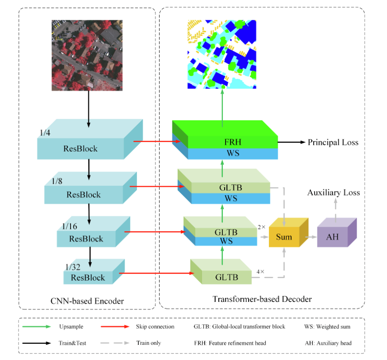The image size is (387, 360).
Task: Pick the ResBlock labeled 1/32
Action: coord(88,277)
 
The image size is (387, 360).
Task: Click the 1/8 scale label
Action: coord(57,181)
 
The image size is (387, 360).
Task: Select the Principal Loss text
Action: coord(333,142)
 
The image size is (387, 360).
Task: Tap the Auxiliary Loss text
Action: coord(333,192)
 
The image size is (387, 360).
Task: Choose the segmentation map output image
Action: coord(221,54)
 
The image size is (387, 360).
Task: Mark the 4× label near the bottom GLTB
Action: coord(261,272)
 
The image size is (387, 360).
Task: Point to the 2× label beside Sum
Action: coord(262,227)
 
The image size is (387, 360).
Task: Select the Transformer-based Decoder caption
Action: coord(262,299)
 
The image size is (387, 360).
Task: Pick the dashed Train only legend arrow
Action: coord(114,343)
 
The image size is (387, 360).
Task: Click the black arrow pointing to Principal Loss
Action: coord(291,142)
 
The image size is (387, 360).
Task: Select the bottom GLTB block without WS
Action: coord(223,277)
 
